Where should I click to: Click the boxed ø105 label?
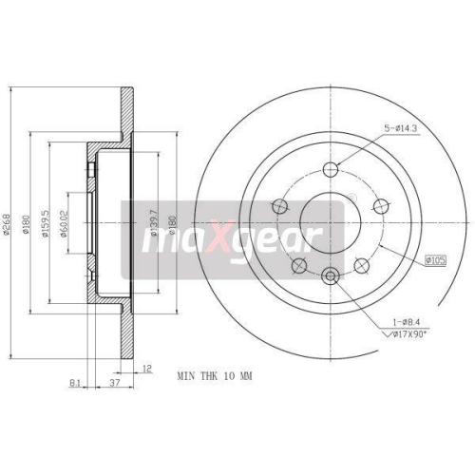tap(437, 257)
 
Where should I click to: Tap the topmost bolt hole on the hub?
tap(331, 170)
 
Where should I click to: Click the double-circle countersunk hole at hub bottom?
tap(331, 276)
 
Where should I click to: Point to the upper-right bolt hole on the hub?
tap(382, 206)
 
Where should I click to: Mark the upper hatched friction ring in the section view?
tap(124, 115)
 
